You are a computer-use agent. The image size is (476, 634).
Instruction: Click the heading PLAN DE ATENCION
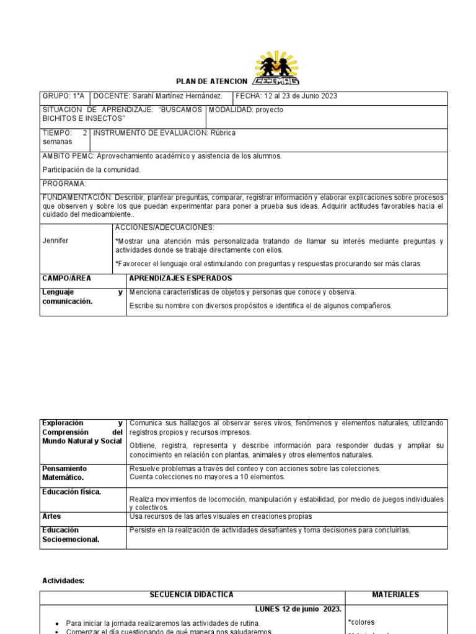(x=211, y=82)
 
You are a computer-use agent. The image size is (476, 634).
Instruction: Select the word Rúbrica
(x=222, y=133)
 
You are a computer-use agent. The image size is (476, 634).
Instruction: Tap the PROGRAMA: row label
(x=64, y=184)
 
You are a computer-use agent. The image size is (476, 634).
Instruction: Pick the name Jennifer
(x=55, y=240)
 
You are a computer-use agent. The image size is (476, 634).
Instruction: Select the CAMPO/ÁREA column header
(x=66, y=279)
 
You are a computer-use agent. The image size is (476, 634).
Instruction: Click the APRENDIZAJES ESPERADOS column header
(x=180, y=279)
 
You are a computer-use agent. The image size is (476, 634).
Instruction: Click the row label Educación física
(x=71, y=492)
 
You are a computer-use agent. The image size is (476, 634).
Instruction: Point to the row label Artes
(x=51, y=516)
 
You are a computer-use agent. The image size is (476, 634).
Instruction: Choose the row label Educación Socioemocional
(x=70, y=534)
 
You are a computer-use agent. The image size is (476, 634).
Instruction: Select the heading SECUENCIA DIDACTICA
(x=192, y=595)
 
